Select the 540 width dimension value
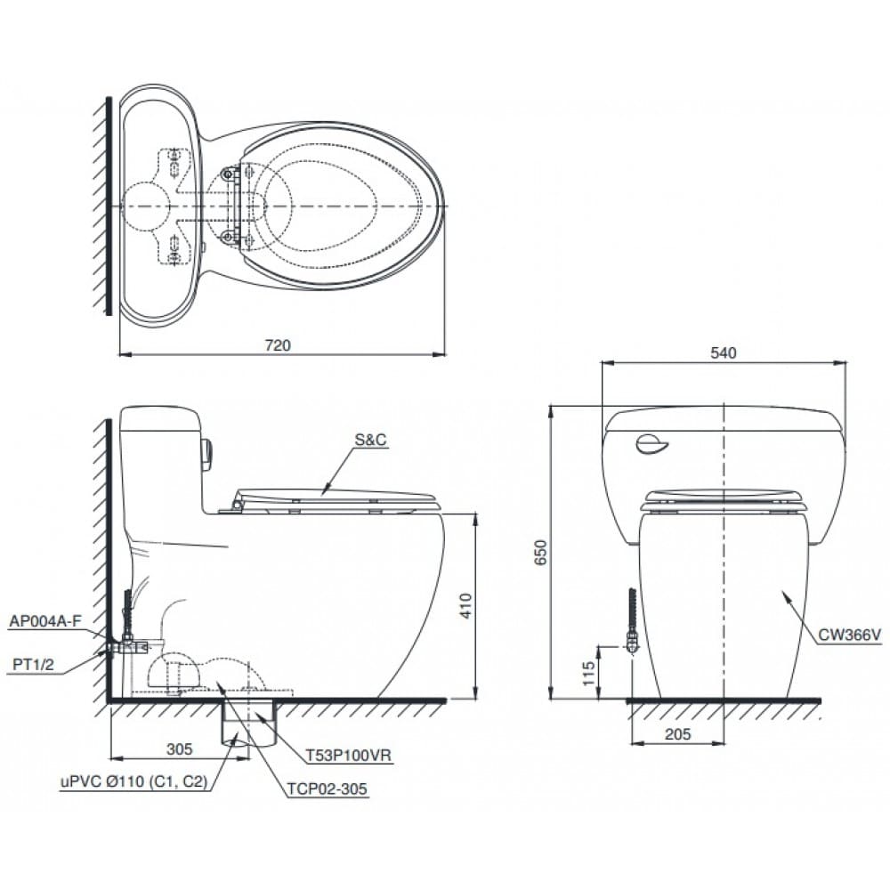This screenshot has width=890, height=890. [723, 353]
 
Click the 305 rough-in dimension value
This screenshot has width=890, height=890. [179, 749]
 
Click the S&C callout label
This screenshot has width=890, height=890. [371, 440]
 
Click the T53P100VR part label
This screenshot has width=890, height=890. [348, 755]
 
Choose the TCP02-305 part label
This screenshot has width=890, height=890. [327, 788]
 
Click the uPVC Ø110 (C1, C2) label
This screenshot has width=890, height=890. [133, 782]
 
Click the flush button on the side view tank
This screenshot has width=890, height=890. [206, 454]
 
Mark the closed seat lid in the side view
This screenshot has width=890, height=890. [338, 497]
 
